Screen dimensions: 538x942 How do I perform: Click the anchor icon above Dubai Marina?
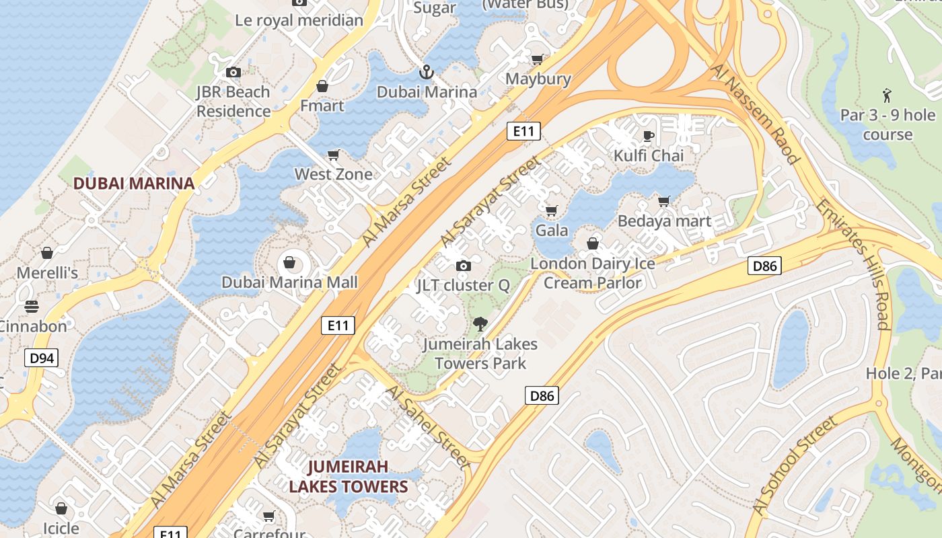pos(426,72)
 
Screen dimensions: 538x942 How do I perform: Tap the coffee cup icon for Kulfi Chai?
pos(649,137)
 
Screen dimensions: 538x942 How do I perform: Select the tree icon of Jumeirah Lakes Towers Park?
pos(480,325)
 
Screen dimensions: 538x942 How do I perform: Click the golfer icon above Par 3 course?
pos(887,95)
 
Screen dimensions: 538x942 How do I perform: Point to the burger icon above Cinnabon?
pos(32,307)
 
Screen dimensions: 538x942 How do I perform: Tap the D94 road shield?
pos(42,358)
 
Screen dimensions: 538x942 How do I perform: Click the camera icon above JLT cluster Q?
pos(463,266)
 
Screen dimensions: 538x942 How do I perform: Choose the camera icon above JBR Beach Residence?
pos(233,73)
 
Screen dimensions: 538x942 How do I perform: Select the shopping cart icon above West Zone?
pos(333,155)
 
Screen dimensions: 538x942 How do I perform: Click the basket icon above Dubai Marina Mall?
pos(289,262)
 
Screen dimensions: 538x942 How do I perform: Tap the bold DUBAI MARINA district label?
pos(134,183)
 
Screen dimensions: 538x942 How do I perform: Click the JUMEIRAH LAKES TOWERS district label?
pos(349,476)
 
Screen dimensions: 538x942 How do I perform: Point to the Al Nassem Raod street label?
pos(756,114)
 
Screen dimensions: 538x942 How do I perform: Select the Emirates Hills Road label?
pos(854,262)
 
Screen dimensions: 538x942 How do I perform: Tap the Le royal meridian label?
pos(299,20)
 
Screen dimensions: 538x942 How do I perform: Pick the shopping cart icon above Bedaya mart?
pos(664,201)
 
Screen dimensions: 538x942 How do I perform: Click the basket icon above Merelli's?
pos(47,253)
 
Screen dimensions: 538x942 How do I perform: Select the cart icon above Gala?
pos(552,211)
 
